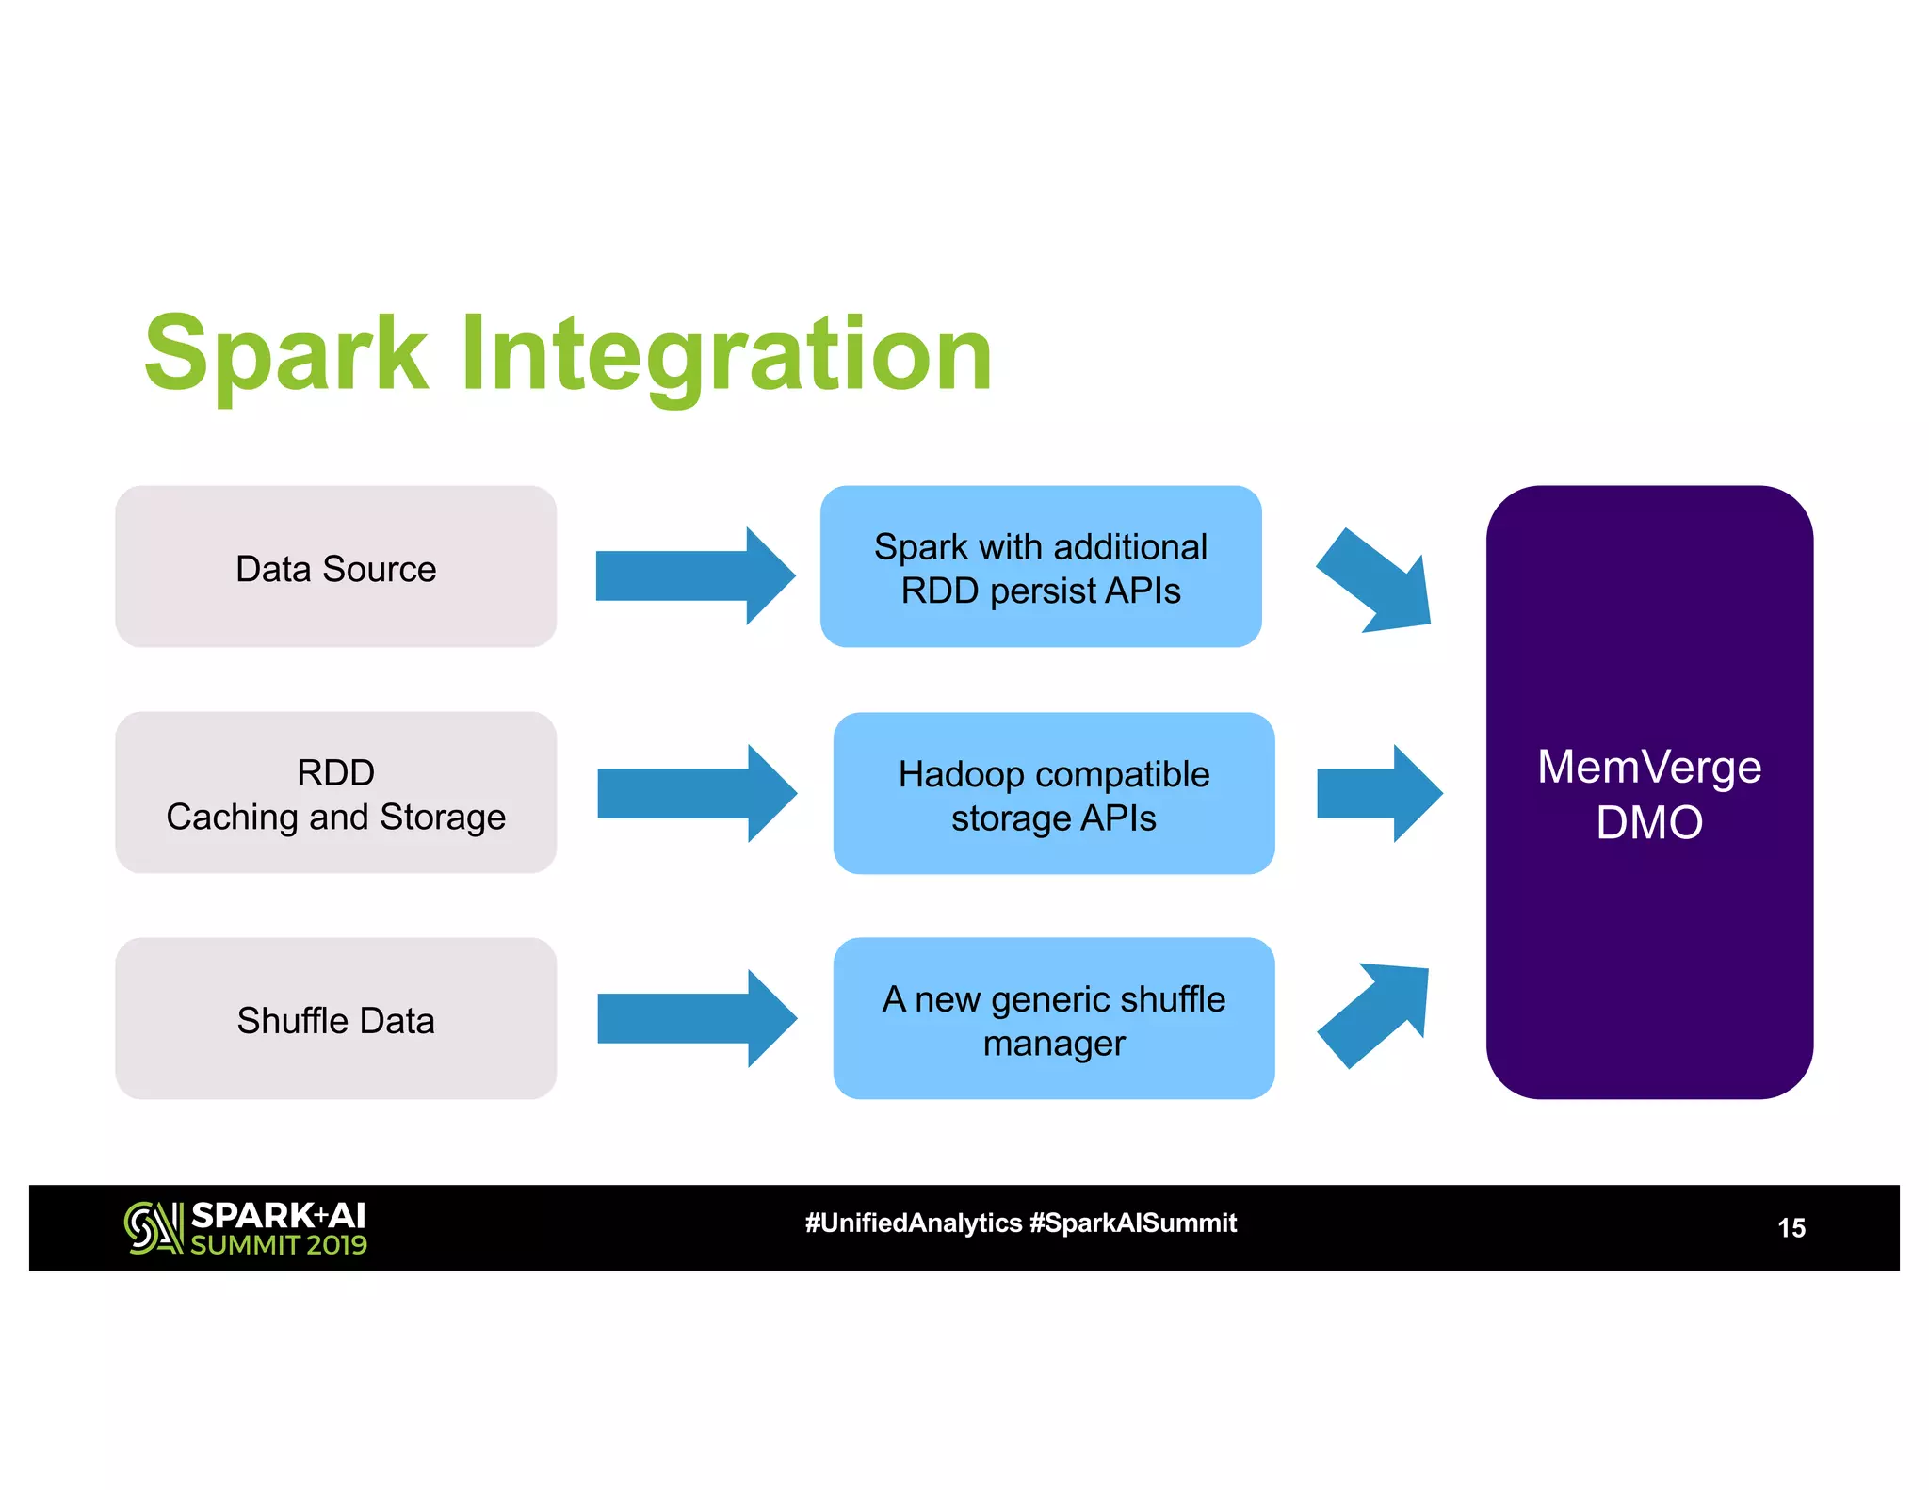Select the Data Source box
pos(335,567)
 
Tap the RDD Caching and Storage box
pos(335,793)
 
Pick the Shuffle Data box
pos(335,1019)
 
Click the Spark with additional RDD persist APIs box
pos(1040,567)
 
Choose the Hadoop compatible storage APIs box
pos(1053,794)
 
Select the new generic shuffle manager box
pos(1053,1019)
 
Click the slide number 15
pos(1791,1228)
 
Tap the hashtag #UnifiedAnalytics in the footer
pos(913,1223)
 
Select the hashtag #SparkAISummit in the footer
pos(1133,1223)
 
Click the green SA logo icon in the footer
pos(153,1228)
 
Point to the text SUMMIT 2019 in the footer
pos(279,1245)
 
